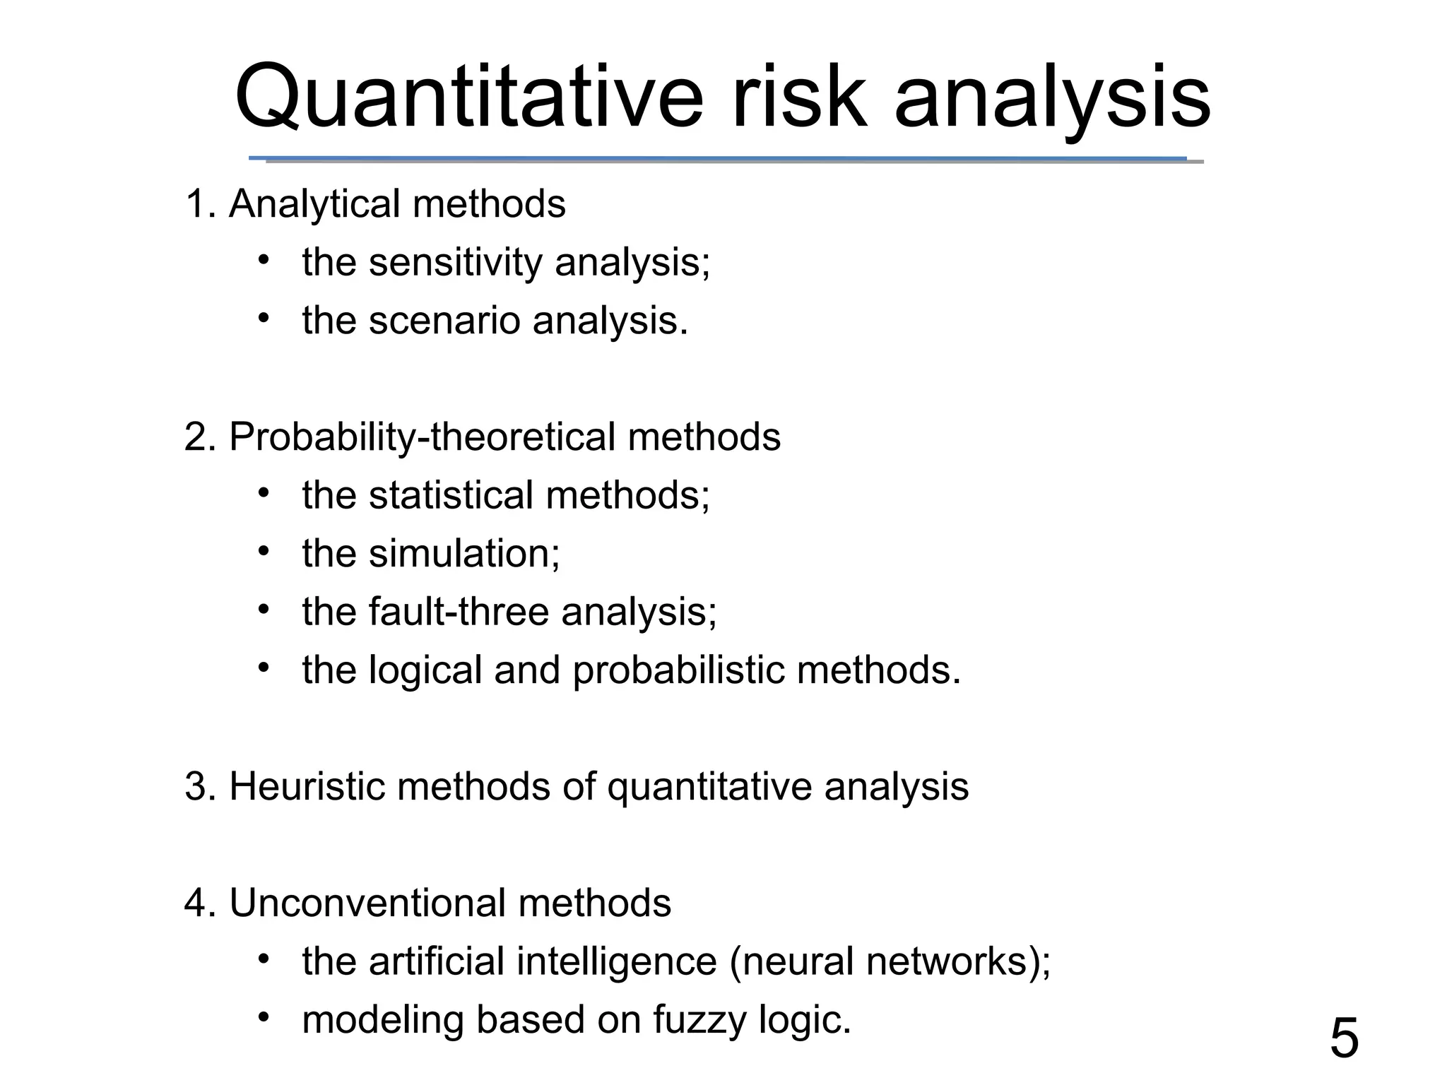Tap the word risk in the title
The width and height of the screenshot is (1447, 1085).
click(798, 97)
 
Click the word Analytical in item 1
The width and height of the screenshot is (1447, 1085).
click(314, 204)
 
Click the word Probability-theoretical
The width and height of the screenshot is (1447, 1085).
click(422, 437)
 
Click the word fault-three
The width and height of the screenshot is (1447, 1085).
click(459, 612)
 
